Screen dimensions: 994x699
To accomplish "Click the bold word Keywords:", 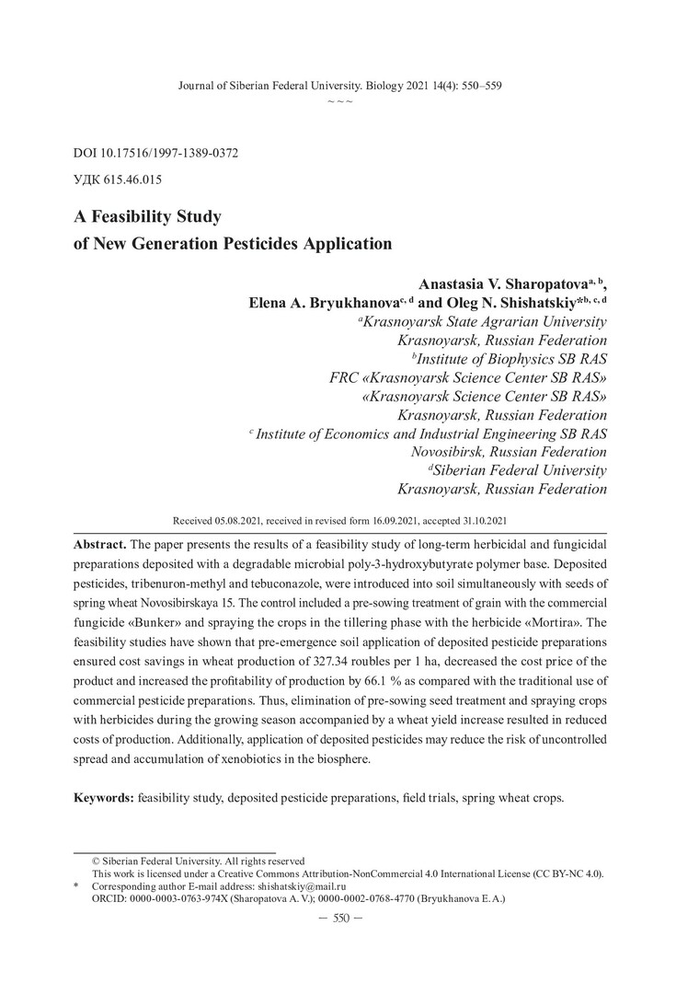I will [x=104, y=795].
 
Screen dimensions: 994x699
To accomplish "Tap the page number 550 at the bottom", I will [x=341, y=920].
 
